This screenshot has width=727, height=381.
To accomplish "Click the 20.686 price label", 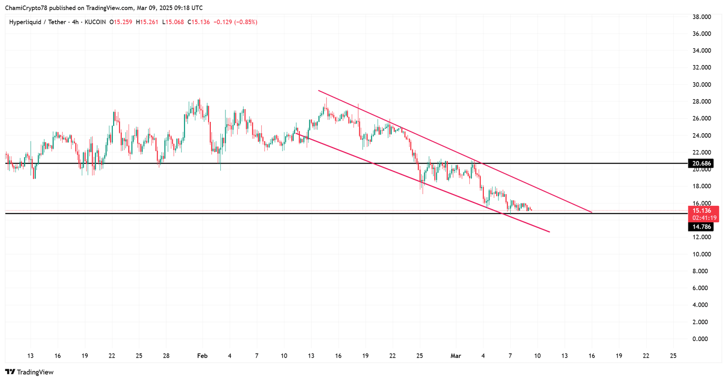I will (x=701, y=164).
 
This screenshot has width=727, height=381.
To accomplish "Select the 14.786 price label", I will (x=701, y=227).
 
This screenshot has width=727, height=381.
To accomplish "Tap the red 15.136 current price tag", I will (x=702, y=211).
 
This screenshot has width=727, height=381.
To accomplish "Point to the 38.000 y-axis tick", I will (x=702, y=17).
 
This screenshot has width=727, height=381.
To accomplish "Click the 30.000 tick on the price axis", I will (x=702, y=85).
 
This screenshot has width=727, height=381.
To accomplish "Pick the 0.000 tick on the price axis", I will (x=700, y=339).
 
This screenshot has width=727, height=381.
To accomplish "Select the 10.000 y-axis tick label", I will (x=702, y=254).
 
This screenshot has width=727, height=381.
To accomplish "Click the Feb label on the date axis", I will (x=202, y=356).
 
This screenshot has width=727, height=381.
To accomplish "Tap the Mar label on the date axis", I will (x=456, y=356).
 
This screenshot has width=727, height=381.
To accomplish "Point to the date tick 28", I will (x=166, y=356).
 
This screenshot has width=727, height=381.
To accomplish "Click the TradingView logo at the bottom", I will (x=30, y=372).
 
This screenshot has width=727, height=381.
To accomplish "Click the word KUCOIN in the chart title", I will (x=95, y=22).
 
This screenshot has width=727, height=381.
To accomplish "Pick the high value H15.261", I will (x=147, y=22).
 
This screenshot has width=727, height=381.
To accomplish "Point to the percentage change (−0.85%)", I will (x=245, y=22).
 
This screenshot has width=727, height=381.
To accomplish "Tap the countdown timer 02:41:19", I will (x=704, y=218).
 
